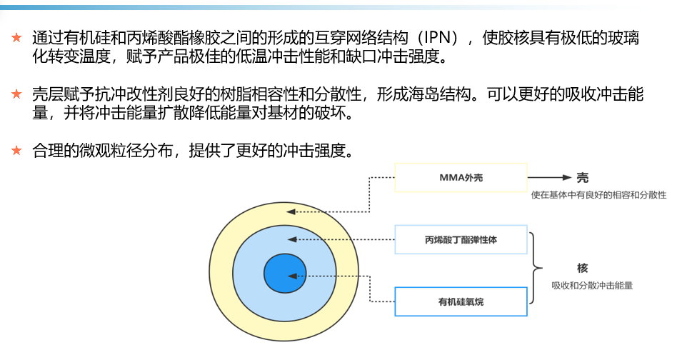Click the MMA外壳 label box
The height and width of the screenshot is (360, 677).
461,177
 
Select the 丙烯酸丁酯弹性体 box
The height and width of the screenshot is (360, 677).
461,239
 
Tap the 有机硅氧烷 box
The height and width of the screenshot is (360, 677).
461,301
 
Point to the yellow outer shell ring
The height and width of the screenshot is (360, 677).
220,272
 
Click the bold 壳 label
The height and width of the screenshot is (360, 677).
583,178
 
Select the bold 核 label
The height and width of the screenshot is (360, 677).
583,268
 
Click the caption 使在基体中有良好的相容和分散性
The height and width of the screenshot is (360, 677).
598,195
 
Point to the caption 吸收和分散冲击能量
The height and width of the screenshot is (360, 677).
592,285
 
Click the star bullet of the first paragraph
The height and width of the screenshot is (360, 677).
16,38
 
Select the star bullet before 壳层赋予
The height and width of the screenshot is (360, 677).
16,94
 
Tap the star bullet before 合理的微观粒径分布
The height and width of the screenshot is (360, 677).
16,150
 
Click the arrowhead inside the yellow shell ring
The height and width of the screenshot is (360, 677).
291,212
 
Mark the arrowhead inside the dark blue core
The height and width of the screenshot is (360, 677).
292,276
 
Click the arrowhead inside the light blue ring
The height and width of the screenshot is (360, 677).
292,239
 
